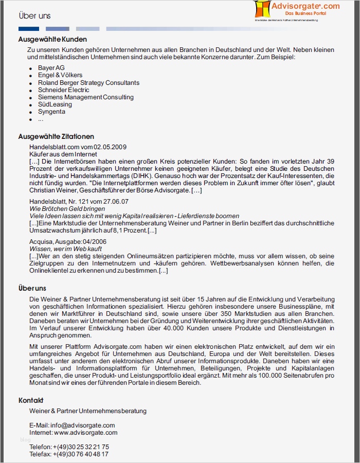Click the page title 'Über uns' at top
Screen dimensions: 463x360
tap(34, 16)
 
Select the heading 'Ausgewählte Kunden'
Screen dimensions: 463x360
tap(52, 39)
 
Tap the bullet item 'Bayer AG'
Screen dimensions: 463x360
tap(51, 68)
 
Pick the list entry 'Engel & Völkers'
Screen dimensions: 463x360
tap(60, 75)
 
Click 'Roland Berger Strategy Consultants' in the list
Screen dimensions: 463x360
tap(88, 82)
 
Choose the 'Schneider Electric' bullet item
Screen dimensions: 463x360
tap(63, 90)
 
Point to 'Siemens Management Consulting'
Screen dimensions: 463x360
tap(85, 97)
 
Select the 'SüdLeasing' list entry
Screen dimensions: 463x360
tap(55, 104)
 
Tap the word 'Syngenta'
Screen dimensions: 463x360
tap(51, 111)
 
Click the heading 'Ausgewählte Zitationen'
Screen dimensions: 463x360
tap(56, 136)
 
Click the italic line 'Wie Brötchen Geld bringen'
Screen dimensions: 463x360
tap(67, 209)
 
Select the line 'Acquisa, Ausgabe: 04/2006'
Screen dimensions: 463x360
tap(68, 241)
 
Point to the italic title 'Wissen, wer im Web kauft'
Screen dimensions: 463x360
tap(65, 248)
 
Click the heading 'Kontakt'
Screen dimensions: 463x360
tap(31, 400)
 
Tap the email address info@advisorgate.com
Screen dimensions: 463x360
tap(83, 425)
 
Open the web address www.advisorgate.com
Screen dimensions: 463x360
tap(85, 433)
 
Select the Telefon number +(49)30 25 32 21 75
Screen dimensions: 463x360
tap(81, 447)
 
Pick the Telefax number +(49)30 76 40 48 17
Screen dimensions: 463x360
tap(81, 454)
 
